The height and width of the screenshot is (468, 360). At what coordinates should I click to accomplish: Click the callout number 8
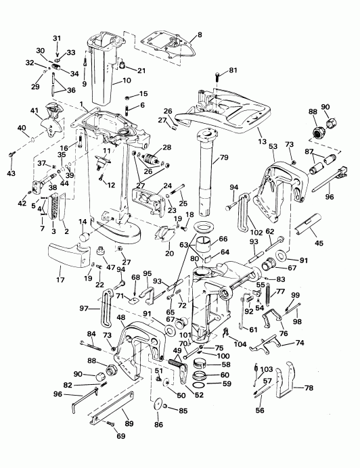pos(200,34)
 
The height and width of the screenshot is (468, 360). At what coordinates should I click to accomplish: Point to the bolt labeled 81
pos(217,76)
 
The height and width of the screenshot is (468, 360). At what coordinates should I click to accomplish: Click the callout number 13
pos(262,141)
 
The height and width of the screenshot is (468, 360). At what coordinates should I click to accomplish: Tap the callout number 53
pos(273,146)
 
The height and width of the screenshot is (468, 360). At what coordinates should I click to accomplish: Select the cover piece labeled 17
pos(68,254)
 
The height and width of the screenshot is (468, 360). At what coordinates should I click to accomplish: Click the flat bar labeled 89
pos(111,408)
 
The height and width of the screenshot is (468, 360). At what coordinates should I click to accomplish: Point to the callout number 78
pos(309,388)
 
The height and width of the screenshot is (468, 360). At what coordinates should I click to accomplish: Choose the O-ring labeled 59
pos(199,384)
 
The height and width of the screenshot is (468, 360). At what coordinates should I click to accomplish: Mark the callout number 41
pos(35,111)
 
